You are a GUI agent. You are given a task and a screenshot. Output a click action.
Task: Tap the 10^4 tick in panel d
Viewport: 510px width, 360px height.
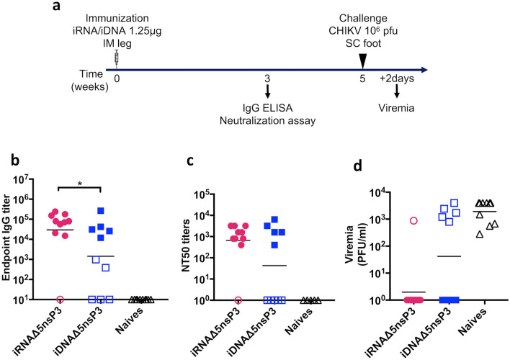372,192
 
